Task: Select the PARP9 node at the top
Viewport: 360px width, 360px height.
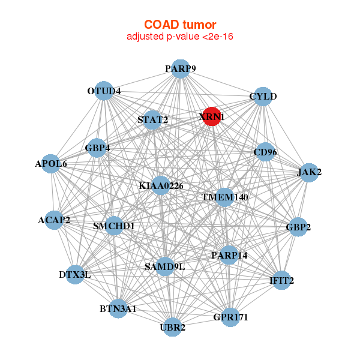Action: coord(180,69)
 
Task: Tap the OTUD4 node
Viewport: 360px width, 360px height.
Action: coord(105,91)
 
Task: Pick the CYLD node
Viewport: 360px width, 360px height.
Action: coord(262,97)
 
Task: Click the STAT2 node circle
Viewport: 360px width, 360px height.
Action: coord(153,119)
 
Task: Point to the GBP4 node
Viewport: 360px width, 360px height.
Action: coord(97,147)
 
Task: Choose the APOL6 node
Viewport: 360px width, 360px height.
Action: coord(51,163)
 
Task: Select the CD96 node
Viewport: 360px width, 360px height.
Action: coord(265,152)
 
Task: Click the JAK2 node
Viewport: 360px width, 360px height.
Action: coord(309,172)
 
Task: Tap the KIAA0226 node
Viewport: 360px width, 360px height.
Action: coord(160,185)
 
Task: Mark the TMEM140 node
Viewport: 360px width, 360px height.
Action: coord(224,196)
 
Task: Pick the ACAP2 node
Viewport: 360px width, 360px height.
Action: coord(54,220)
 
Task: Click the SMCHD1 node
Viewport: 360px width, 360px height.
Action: coord(114,226)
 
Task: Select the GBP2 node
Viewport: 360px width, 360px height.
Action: coord(298,227)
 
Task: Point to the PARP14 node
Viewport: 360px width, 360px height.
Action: coord(229,255)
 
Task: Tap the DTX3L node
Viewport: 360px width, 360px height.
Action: coord(75,274)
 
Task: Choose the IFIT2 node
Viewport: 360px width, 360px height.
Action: coord(282,280)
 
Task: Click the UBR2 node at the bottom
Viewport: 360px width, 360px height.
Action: coord(172,327)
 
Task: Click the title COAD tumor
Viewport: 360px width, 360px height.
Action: coord(179,25)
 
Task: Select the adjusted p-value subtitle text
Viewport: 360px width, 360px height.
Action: coord(179,37)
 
